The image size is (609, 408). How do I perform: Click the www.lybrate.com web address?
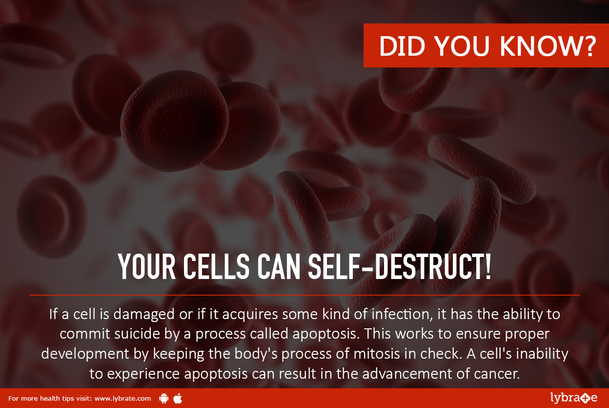point(122,399)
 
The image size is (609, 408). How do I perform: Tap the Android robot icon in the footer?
point(163,398)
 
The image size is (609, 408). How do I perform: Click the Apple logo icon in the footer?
point(178,398)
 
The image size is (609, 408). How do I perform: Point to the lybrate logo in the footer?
point(573,398)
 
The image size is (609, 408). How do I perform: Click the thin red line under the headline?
point(304,295)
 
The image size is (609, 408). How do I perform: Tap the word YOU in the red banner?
point(463,46)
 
